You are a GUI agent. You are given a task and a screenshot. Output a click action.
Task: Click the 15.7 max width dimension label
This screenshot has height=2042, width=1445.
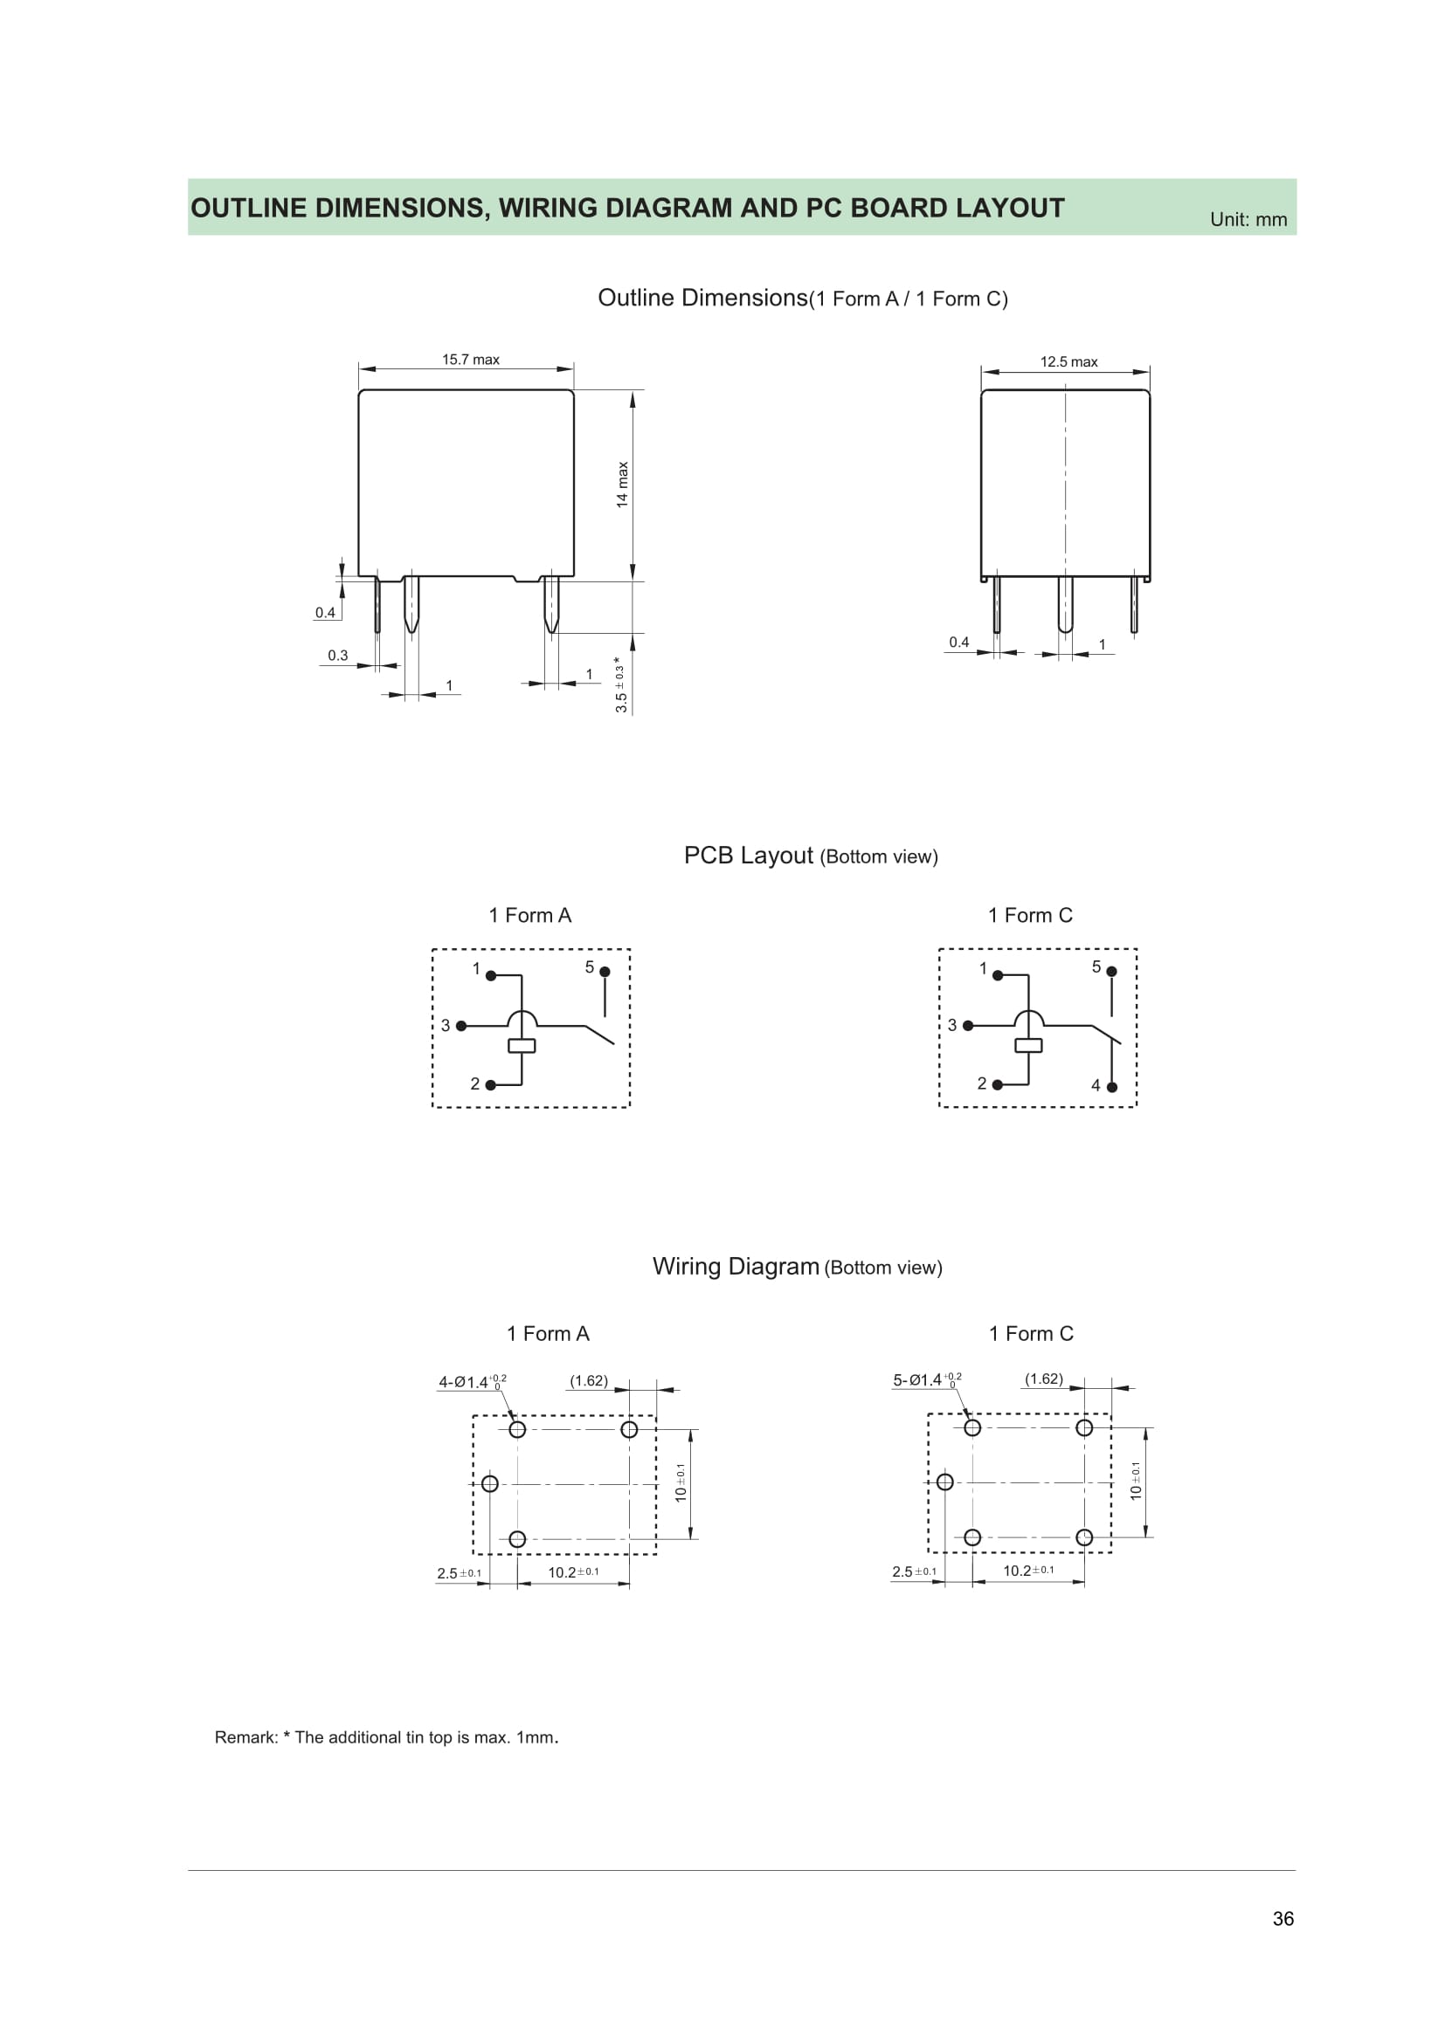(471, 360)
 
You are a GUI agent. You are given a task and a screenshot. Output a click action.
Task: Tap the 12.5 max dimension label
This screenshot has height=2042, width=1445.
(1068, 362)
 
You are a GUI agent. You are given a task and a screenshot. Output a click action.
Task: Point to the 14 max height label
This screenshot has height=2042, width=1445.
(623, 485)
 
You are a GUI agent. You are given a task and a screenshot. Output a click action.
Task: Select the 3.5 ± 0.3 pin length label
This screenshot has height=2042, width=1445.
(620, 684)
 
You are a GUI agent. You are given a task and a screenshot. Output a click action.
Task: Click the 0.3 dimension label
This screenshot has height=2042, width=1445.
(337, 656)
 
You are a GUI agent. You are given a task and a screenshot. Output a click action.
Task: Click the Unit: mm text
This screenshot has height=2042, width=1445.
(1248, 220)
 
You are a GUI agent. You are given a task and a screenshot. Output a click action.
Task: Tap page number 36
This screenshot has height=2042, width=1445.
(1283, 1918)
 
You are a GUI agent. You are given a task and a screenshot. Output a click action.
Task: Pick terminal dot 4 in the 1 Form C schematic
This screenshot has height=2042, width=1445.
(1111, 1087)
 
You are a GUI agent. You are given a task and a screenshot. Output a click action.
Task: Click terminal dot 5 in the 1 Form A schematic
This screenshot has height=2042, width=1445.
(605, 972)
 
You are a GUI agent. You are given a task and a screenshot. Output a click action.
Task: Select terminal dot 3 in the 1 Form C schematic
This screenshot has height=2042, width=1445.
(968, 1026)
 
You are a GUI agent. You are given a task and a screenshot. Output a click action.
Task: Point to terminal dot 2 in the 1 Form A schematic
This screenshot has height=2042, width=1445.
(490, 1085)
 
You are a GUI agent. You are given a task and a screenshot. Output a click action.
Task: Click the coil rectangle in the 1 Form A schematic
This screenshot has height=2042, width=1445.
(522, 1046)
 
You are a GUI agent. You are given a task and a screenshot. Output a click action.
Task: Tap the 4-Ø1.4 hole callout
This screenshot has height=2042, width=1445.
(472, 1381)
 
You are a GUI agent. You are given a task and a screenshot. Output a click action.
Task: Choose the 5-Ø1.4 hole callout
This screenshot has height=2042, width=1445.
(926, 1379)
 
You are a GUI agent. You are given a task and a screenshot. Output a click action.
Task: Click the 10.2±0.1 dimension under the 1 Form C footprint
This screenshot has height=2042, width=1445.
(1027, 1571)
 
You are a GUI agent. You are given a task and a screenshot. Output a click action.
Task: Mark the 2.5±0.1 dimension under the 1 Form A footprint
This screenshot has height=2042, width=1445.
(459, 1573)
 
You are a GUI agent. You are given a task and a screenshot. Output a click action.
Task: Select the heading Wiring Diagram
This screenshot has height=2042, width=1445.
(735, 1267)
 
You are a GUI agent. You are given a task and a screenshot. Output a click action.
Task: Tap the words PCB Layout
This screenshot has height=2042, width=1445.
(748, 856)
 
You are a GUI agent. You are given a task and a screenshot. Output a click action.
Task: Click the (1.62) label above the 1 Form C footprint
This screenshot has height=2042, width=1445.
(1044, 1379)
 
